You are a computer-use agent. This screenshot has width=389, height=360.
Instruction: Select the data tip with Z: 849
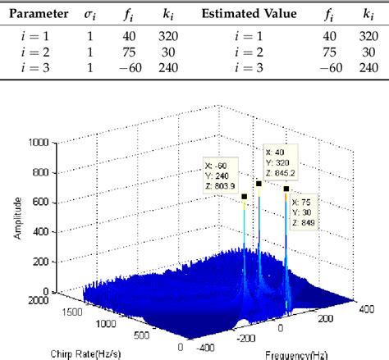pyautogui.click(x=304, y=212)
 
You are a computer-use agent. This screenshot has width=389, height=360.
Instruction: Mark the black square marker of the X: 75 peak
pyautogui.click(x=286, y=189)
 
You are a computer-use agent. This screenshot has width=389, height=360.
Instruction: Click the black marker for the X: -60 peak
pyautogui.click(x=244, y=197)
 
